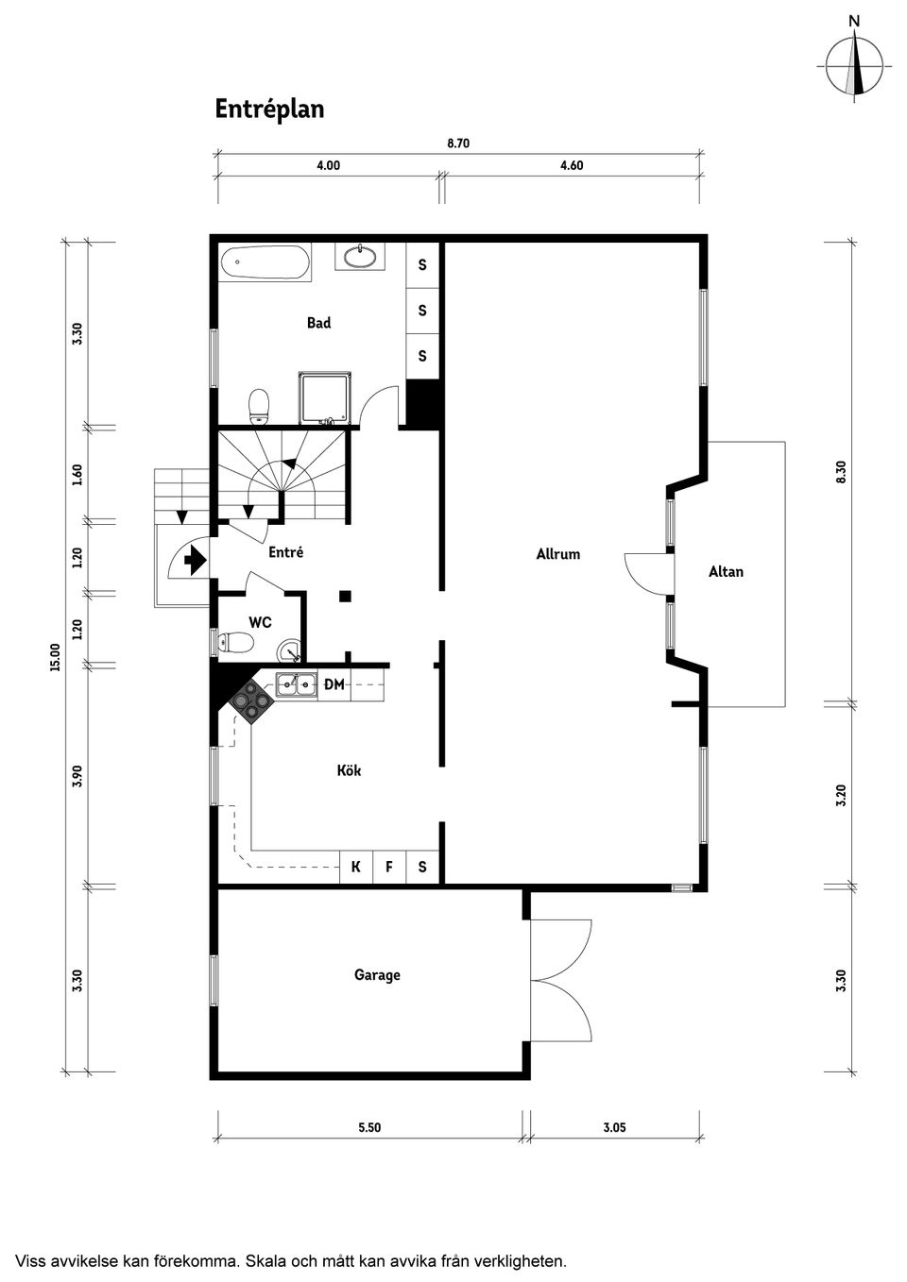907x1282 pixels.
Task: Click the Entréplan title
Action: tap(269, 110)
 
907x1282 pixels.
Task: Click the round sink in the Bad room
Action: tap(360, 256)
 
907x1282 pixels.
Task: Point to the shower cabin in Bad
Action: tap(325, 396)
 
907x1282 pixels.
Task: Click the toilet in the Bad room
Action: tap(258, 407)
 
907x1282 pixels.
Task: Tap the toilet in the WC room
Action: tap(235, 643)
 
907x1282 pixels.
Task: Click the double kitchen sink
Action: tap(297, 684)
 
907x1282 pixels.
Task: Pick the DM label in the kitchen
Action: tap(334, 684)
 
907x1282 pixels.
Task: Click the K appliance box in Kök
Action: tap(356, 867)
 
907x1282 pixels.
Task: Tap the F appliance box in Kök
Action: tap(389, 867)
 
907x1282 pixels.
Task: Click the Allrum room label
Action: tap(557, 554)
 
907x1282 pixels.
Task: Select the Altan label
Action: tap(726, 571)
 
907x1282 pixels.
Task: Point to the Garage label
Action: tap(377, 975)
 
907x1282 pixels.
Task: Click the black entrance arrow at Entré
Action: tap(195, 561)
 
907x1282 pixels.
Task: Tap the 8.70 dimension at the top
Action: tap(458, 144)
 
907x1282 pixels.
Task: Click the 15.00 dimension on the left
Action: tap(55, 657)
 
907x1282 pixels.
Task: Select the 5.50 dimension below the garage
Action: tap(369, 1127)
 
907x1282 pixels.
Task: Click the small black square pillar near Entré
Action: tap(346, 596)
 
